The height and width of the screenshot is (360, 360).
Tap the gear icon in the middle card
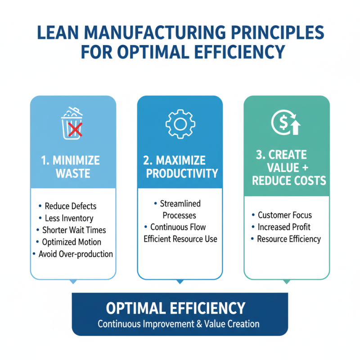pyautogui.click(x=180, y=123)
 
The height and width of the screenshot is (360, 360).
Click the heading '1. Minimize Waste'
pyautogui.click(x=72, y=167)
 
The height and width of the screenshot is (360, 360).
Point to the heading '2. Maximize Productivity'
pyautogui.click(x=180, y=167)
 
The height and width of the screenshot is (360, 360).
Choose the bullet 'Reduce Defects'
pyautogui.click(x=71, y=206)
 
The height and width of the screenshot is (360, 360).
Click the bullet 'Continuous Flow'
pyautogui.click(x=178, y=227)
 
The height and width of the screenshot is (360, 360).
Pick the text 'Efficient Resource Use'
pyautogui.click(x=180, y=239)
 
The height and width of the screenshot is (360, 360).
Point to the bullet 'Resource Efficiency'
pyautogui.click(x=288, y=239)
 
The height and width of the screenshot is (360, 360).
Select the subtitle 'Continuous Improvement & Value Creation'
pyautogui.click(x=179, y=324)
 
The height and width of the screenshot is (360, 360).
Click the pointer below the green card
pyautogui.click(x=286, y=282)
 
